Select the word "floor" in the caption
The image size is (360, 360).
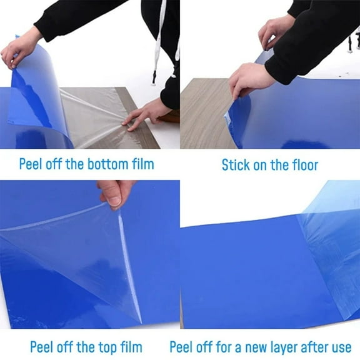(x=302, y=165)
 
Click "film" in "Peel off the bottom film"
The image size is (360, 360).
(x=141, y=165)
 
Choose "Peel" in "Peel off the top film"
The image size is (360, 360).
(x=42, y=346)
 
